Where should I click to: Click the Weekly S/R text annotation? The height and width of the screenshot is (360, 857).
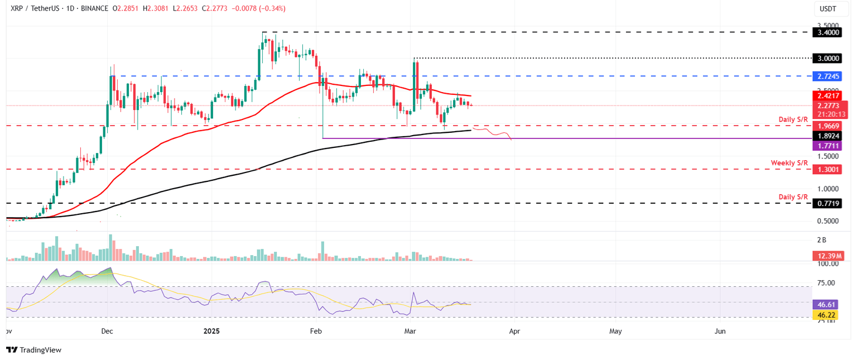789,162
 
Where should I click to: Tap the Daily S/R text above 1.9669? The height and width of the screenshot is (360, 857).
793,120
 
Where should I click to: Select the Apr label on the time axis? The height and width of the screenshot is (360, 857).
514,331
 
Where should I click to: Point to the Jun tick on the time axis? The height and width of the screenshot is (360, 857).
720,331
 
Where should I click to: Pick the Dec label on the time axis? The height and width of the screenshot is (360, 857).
107,331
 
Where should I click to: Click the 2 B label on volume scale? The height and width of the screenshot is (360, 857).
822,240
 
